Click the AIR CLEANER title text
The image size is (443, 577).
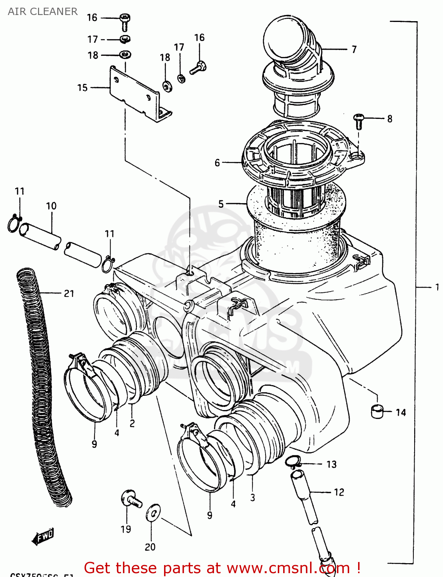pyautogui.click(x=43, y=12)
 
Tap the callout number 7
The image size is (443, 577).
pyautogui.click(x=354, y=49)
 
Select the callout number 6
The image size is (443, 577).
pyautogui.click(x=217, y=163)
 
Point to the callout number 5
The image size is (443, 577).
pyautogui.click(x=221, y=203)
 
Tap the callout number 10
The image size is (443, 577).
pyautogui.click(x=51, y=206)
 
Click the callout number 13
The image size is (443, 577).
pyautogui.click(x=331, y=464)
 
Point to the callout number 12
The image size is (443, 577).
pyautogui.click(x=339, y=492)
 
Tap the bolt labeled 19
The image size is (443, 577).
pyautogui.click(x=130, y=499)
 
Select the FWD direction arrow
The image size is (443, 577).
pyautogui.click(x=43, y=536)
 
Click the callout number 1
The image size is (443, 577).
pyautogui.click(x=437, y=287)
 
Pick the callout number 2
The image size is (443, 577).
pyautogui.click(x=132, y=424)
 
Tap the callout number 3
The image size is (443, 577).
pyautogui.click(x=252, y=497)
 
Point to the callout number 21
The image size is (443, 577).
pyautogui.click(x=69, y=294)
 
